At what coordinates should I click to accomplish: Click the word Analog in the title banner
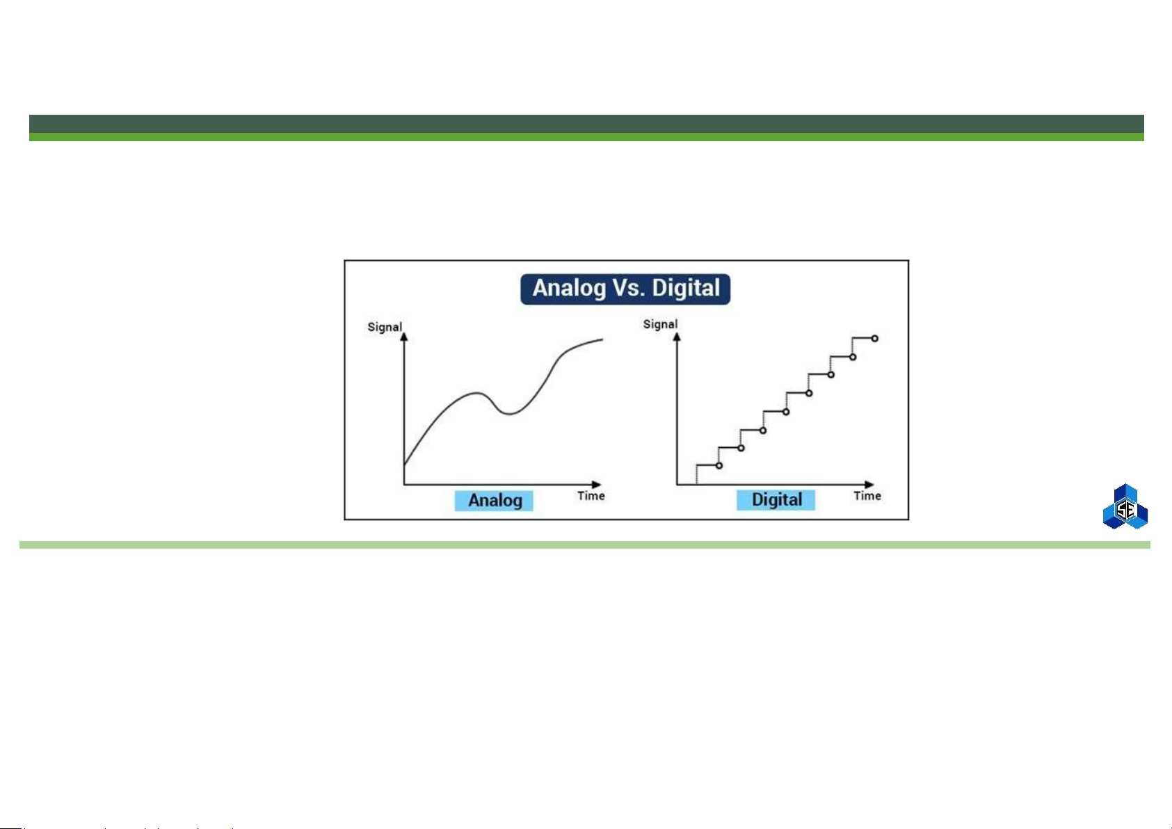(x=569, y=289)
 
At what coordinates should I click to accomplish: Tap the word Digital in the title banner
(x=686, y=288)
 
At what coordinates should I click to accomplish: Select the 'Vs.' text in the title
(x=628, y=288)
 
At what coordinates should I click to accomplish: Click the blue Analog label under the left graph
(x=494, y=501)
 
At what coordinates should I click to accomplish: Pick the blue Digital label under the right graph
(x=776, y=500)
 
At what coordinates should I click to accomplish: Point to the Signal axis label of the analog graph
(x=385, y=327)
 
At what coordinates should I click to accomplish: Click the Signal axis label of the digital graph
(x=660, y=324)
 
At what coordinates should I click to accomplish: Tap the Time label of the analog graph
(x=591, y=496)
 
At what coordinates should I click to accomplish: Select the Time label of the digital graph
(x=867, y=496)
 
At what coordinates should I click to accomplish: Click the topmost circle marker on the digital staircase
(x=875, y=339)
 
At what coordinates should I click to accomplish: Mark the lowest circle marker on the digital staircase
(x=719, y=465)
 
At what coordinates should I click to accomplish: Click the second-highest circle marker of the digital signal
(x=853, y=357)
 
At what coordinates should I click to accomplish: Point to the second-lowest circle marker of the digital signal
(x=741, y=449)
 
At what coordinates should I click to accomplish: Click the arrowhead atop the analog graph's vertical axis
(x=404, y=337)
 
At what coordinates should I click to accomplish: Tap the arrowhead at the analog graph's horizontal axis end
(x=597, y=485)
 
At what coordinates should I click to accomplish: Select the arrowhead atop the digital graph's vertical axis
(x=677, y=337)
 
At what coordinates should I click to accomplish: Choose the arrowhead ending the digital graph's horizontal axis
(x=869, y=485)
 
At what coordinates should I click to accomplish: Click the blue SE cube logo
(x=1125, y=506)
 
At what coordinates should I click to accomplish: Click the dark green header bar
(x=586, y=124)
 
